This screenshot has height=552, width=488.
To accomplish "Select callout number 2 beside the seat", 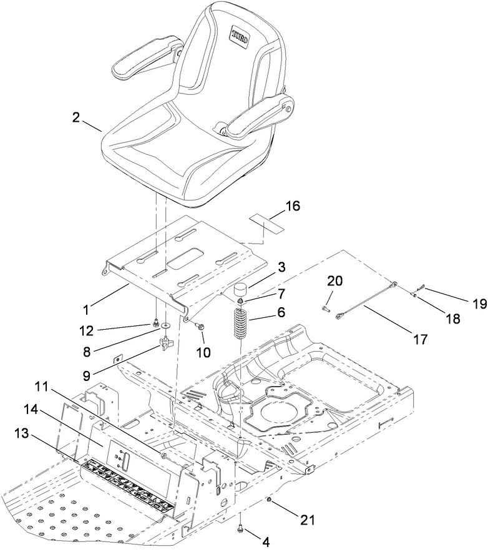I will tap(76, 118).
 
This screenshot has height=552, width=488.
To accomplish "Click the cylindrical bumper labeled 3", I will tap(241, 292).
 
